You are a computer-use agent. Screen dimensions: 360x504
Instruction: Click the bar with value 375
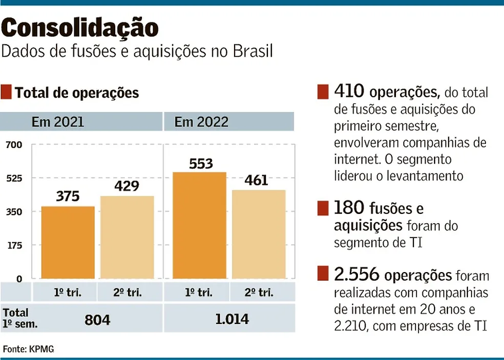[67, 242]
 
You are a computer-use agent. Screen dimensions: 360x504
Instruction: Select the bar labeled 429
[127, 237]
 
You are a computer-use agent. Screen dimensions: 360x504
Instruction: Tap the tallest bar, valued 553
[200, 225]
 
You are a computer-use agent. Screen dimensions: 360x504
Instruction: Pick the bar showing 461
[259, 234]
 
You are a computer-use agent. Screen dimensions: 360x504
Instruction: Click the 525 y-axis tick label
[14, 178]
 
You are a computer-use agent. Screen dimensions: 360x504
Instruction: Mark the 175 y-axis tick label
[14, 245]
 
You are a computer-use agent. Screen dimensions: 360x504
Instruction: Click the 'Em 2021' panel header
[58, 122]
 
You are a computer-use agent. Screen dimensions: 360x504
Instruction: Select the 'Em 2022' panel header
[201, 122]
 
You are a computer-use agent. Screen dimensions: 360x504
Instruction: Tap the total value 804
[97, 319]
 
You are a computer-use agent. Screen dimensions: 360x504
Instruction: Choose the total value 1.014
[231, 319]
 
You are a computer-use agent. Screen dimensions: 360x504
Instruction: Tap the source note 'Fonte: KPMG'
[28, 349]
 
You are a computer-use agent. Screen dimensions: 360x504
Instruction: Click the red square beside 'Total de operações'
[6, 93]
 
